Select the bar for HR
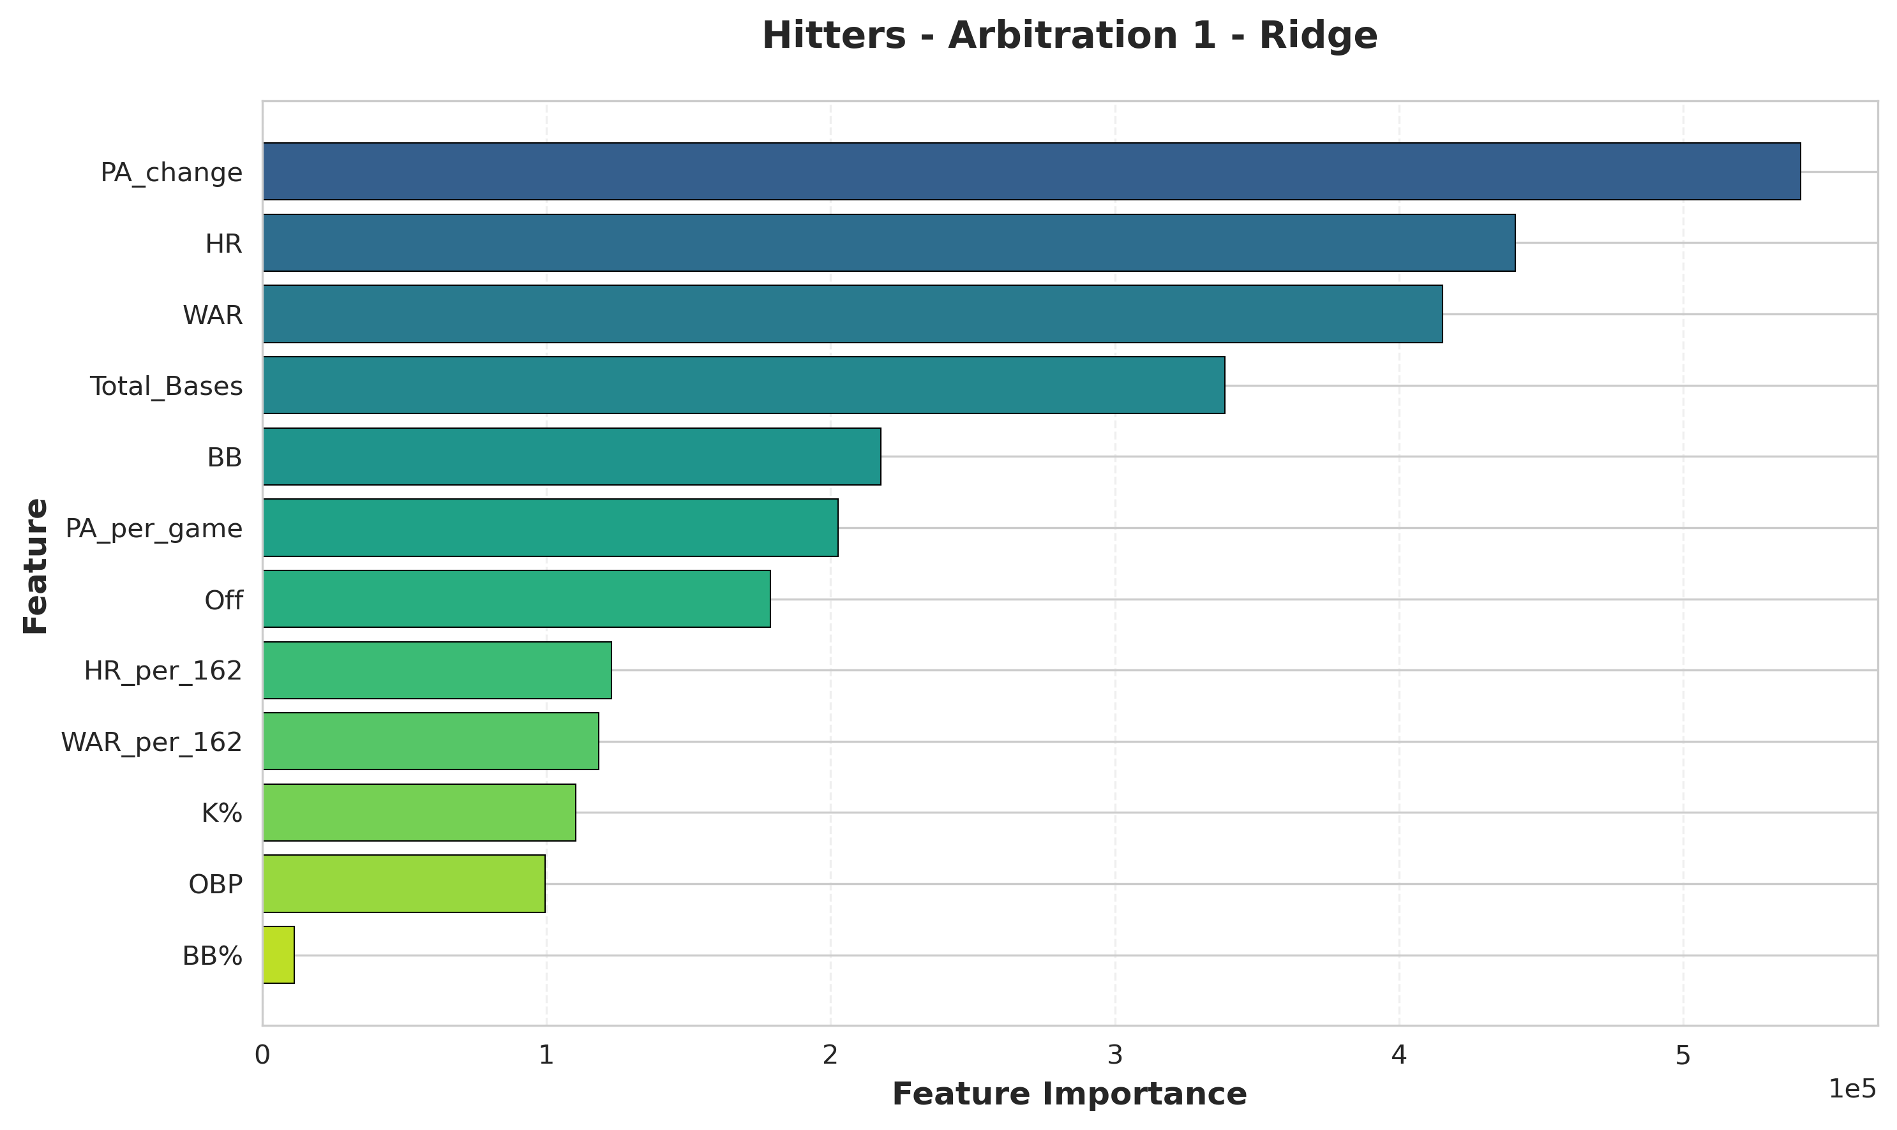point(889,243)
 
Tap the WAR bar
point(852,314)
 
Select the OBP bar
point(403,883)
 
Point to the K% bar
point(419,812)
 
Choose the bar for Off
point(516,599)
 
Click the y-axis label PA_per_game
point(154,528)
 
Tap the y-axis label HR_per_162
point(163,671)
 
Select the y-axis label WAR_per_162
point(151,741)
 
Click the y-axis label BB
point(225,457)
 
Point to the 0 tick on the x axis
point(263,1055)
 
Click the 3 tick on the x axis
point(1115,1055)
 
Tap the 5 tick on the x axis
point(1683,1055)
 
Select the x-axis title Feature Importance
point(1069,1094)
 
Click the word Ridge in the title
point(1318,36)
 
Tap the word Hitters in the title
point(834,36)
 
